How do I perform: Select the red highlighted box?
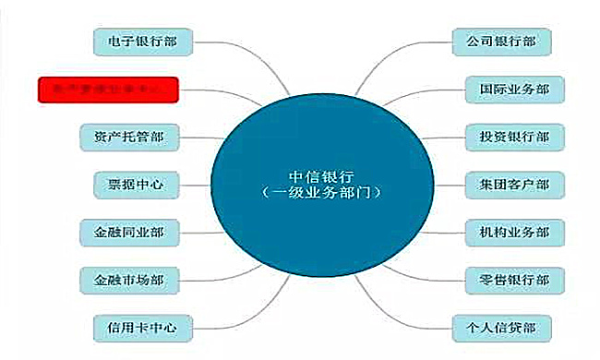(107, 90)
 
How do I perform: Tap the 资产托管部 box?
(128, 137)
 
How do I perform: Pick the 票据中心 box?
(128, 185)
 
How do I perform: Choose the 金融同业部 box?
(128, 232)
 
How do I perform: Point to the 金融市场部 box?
(128, 279)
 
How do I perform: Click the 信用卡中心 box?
(136, 326)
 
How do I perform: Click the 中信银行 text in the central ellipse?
(320, 177)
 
